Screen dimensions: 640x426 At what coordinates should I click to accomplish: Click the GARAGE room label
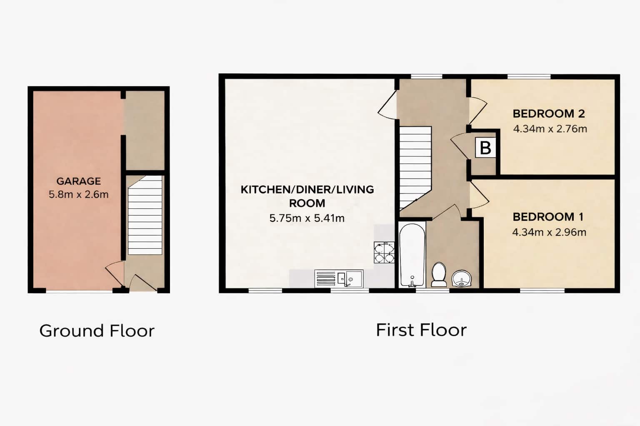pos(79,181)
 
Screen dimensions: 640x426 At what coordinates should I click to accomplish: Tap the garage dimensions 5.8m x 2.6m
pos(79,195)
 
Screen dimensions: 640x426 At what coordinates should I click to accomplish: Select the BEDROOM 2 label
pos(549,114)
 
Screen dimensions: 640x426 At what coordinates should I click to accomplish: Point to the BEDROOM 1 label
pos(548,217)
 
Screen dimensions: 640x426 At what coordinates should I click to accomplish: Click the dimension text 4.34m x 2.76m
pos(550,129)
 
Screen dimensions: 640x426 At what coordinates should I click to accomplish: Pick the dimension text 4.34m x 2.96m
pos(549,232)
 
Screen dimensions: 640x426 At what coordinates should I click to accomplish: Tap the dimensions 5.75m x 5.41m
pos(307,218)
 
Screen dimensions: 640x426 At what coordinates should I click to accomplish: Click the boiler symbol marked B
pos(485,148)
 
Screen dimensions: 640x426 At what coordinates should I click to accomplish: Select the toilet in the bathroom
pos(439,275)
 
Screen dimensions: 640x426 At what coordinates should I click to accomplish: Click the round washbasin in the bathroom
pos(461,278)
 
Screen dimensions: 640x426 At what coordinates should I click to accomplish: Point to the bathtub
pos(412,255)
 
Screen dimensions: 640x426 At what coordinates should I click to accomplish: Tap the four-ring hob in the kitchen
pos(384,252)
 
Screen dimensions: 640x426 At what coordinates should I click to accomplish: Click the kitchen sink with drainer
pos(339,278)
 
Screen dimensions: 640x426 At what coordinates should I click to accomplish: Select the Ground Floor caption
pos(97,331)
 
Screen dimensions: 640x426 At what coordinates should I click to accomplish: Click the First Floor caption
pos(421,330)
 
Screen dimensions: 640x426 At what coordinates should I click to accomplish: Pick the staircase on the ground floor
pos(145,215)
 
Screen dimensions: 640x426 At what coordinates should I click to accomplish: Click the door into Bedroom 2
pos(478,111)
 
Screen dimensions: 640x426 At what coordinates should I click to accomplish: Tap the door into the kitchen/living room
pos(387,105)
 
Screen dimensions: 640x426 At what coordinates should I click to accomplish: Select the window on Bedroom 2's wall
pos(529,77)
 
